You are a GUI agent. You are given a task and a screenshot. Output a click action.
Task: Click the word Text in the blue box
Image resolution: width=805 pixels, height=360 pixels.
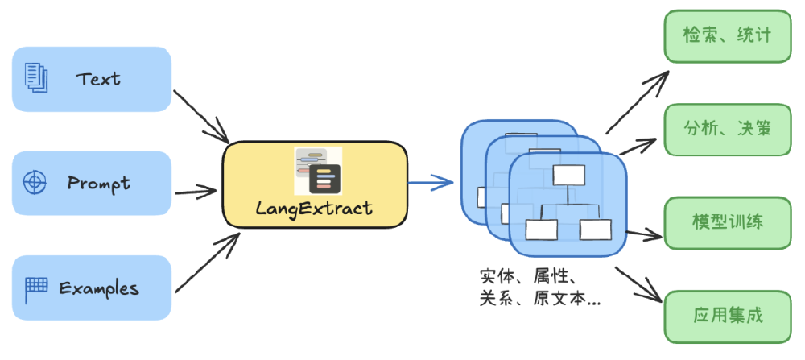pyautogui.click(x=98, y=79)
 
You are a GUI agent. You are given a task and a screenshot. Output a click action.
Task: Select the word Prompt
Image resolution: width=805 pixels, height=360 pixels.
pyautogui.click(x=98, y=183)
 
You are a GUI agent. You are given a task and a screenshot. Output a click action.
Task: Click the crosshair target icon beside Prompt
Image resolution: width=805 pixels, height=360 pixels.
pyautogui.click(x=35, y=182)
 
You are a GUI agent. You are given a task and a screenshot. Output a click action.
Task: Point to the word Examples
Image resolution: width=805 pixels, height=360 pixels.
pyautogui.click(x=99, y=288)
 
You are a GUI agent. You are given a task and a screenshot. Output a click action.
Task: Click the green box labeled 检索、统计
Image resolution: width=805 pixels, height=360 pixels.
pyautogui.click(x=726, y=36)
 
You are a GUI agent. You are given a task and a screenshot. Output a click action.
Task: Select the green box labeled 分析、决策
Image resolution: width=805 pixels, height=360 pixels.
pyautogui.click(x=726, y=129)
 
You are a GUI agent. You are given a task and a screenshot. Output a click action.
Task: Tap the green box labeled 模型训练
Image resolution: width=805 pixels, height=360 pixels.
pyautogui.click(x=726, y=222)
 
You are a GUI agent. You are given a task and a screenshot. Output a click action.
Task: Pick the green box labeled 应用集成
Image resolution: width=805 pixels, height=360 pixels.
pyautogui.click(x=726, y=315)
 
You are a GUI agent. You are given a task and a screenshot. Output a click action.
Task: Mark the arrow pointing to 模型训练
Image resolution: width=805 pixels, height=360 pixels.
pyautogui.click(x=644, y=235)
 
